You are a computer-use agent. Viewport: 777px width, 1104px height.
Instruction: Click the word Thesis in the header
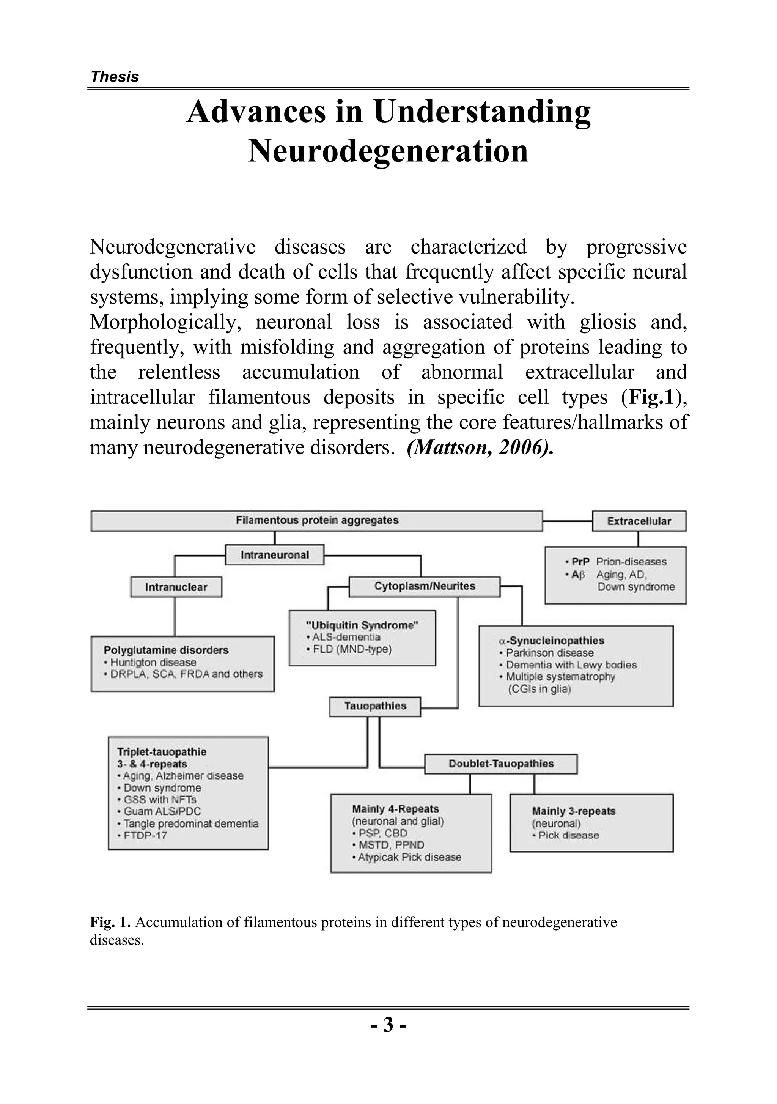[115, 77]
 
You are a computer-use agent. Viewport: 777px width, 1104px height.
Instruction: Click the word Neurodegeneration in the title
[388, 151]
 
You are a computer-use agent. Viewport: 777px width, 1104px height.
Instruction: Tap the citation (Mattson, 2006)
[480, 448]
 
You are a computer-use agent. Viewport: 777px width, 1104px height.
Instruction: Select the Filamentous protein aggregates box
[317, 521]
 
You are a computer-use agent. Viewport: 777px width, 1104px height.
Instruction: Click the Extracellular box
[639, 521]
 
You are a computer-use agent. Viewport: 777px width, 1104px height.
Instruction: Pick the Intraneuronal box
[275, 555]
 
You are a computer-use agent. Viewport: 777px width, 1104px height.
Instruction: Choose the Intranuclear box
[176, 587]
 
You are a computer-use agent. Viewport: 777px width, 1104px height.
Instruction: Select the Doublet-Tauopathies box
[501, 764]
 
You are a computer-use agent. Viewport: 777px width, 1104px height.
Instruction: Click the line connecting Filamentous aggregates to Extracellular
[567, 521]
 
